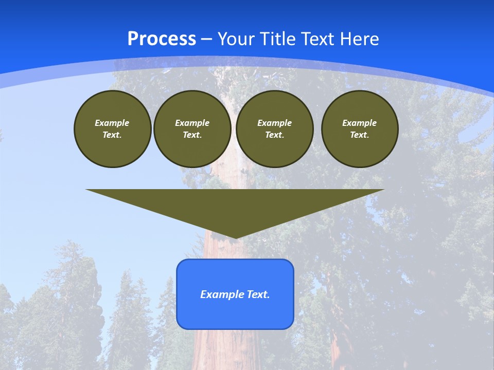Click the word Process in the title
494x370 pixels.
162,39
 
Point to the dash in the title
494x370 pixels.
206,39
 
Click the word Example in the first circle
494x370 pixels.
112,123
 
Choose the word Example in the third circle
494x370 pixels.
274,123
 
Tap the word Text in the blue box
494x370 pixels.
258,294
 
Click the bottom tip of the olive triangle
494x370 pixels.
235,237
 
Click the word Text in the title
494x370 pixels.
319,39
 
